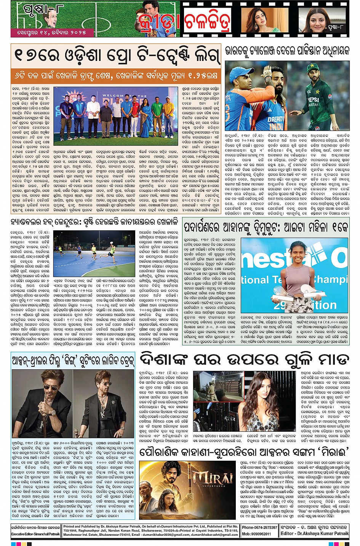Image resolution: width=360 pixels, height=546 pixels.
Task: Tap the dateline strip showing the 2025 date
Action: [51, 33]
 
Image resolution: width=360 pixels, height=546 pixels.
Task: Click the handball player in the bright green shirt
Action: [112, 251]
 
